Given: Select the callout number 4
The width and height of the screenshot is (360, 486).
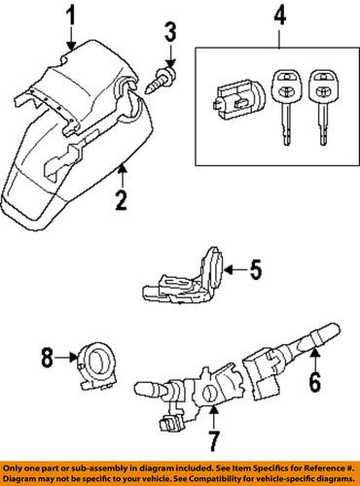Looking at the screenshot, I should (x=278, y=16).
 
